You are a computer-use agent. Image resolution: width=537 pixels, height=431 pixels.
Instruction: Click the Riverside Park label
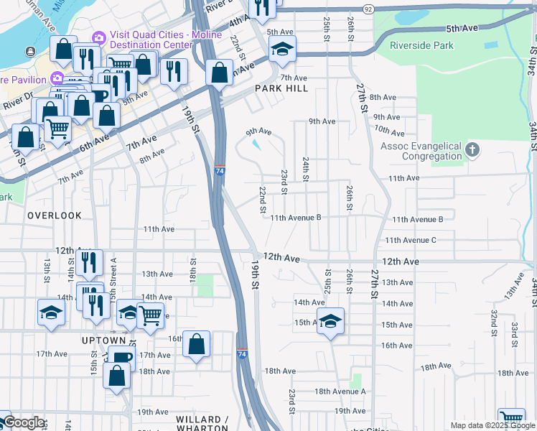[421, 45]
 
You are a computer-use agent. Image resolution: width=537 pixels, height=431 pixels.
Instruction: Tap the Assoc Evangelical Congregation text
[421, 151]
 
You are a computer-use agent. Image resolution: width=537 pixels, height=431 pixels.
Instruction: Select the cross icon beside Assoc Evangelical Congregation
[472, 150]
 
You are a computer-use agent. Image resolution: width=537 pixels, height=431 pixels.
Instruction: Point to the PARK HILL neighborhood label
[281, 88]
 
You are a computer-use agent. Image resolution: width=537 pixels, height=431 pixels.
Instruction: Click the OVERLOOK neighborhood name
[55, 215]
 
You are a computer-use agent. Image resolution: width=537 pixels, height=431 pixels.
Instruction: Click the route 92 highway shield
[368, 9]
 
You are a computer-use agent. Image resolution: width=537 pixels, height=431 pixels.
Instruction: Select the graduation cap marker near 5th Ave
[282, 49]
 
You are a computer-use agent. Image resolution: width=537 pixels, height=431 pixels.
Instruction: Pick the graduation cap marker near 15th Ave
[330, 320]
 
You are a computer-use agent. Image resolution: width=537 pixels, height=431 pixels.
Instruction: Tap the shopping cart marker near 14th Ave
[149, 314]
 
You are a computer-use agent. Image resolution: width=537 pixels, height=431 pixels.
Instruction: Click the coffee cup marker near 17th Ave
[121, 357]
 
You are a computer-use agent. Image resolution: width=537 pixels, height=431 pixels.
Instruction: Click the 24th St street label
[306, 169]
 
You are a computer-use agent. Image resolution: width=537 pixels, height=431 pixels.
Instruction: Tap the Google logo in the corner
[24, 422]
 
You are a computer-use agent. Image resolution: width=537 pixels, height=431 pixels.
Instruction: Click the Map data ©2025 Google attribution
[492, 425]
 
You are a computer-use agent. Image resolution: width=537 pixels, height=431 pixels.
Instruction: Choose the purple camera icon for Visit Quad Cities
[98, 37]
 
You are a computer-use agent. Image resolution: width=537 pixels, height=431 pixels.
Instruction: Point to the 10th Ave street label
[389, 131]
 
